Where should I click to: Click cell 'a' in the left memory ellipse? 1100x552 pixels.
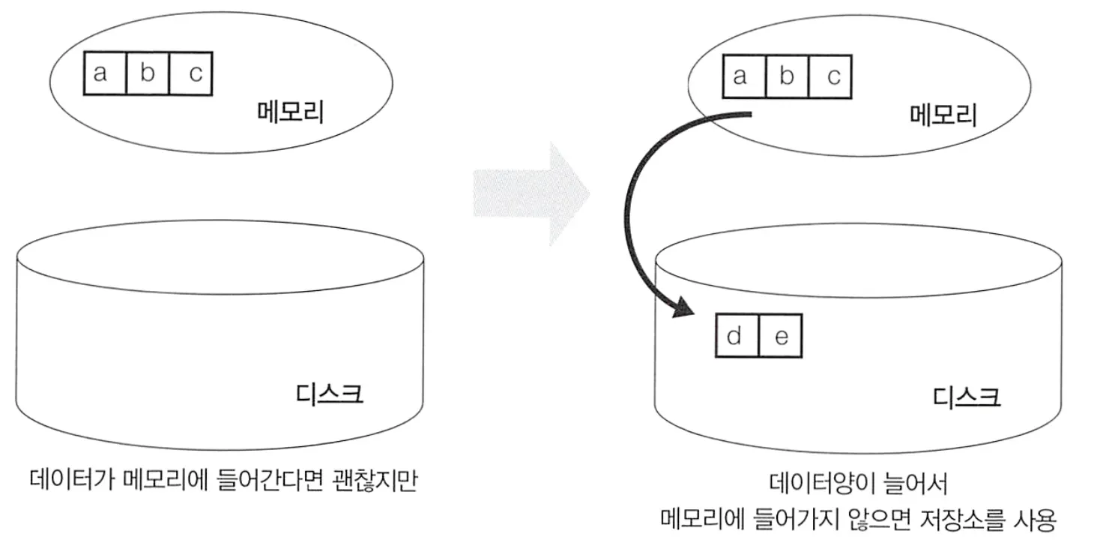coord(105,73)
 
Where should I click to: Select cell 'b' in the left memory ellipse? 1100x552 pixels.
coord(148,73)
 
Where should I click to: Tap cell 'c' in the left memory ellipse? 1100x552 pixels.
coord(192,73)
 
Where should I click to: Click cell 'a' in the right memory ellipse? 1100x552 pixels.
coord(744,76)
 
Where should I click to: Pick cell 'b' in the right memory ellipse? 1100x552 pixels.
coord(788,76)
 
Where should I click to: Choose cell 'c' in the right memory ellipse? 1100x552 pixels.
coord(831,76)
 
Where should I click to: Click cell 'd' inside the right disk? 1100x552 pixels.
coord(737,336)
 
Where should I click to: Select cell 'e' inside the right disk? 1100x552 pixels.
coord(781,336)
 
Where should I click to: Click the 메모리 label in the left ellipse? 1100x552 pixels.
coord(290,112)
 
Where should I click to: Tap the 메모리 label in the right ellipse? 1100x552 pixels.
coord(943,115)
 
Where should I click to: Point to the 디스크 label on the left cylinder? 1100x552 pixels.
coord(327,393)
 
